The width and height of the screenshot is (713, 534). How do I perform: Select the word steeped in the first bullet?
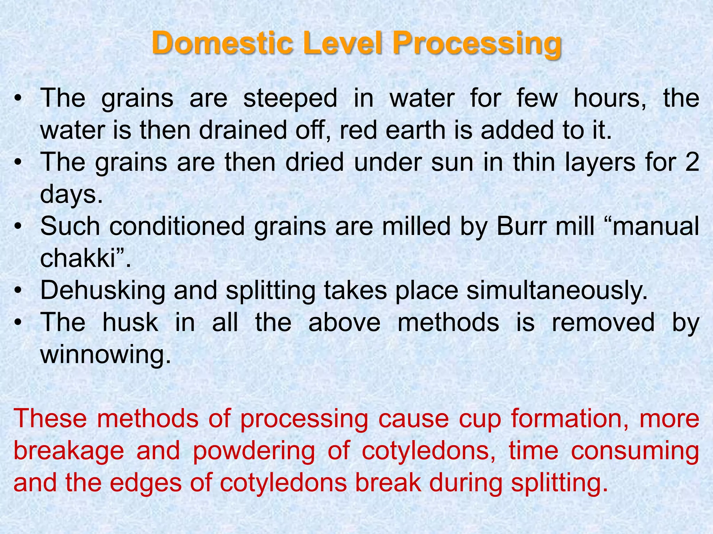(x=290, y=99)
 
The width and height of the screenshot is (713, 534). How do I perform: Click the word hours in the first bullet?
(x=610, y=98)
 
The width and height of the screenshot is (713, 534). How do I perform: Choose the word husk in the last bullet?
(x=130, y=322)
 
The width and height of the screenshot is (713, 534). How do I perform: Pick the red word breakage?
(x=69, y=451)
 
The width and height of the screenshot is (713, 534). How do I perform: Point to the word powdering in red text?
(x=254, y=451)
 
